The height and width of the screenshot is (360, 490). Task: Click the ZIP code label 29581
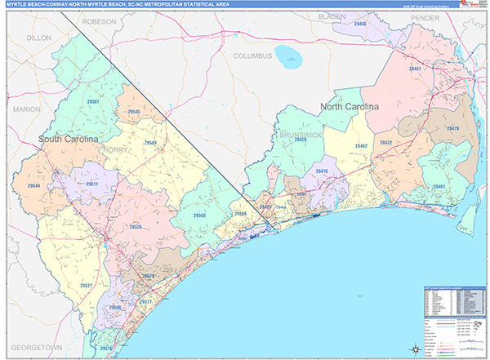[92, 102]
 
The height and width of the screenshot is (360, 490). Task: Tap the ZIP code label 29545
[134, 111]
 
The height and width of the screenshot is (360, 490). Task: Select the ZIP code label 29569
[150, 143]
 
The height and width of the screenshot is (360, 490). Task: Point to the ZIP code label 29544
[34, 187]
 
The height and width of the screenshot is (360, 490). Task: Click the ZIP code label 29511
[92, 184]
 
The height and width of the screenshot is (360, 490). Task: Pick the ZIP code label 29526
[136, 227]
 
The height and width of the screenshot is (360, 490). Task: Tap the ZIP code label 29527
[86, 285]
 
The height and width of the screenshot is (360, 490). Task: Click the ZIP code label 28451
[416, 69]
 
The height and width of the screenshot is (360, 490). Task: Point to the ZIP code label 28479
[452, 129]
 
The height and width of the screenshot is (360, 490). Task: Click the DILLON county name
[38, 38]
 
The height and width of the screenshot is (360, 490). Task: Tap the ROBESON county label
[100, 20]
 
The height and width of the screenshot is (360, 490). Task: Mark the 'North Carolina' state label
[350, 107]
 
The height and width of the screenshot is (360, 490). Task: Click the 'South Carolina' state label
[68, 140]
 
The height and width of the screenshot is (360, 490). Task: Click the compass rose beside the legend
[415, 349]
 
